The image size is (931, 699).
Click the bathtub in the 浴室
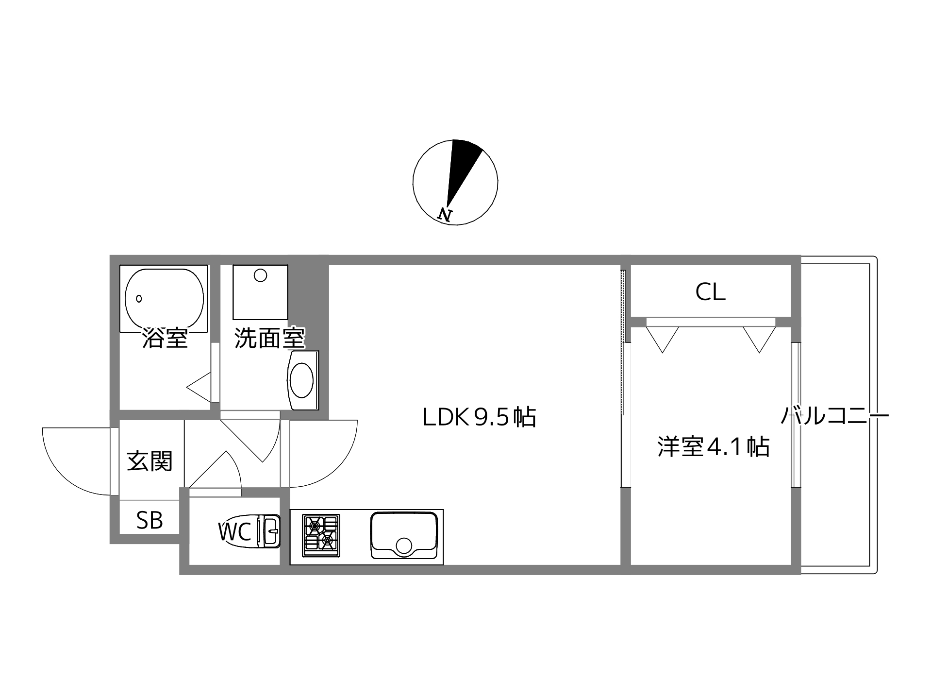coord(164,298)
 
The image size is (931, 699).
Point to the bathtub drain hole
coord(139,298)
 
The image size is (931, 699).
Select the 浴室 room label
coord(165,338)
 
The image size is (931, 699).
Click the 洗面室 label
coord(269,338)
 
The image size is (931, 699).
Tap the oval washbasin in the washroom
coord(301,380)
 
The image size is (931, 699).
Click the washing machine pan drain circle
coord(261,275)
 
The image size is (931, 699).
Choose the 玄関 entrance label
coord(150,461)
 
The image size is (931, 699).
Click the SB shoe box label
coord(150,521)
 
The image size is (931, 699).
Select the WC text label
coord(235,532)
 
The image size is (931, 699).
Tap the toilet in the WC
coord(266,531)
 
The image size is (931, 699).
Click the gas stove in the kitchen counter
coord(320,536)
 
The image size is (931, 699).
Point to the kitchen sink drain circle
coord(404,546)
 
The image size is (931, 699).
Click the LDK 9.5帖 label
coord(479,417)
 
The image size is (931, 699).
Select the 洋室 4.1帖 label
coord(713,447)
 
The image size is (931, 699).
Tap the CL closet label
coord(710,292)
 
